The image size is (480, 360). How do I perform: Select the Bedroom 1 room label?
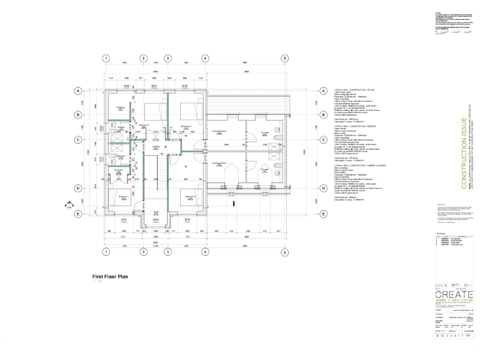(x=122, y=196)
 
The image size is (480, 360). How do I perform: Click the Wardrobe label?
(x=120, y=107)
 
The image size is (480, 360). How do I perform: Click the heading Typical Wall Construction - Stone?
(x=354, y=89)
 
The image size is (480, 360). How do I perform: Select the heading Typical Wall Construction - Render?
(x=354, y=126)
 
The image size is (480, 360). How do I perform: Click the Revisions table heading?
(x=441, y=232)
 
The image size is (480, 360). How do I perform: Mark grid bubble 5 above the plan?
(x=284, y=58)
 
